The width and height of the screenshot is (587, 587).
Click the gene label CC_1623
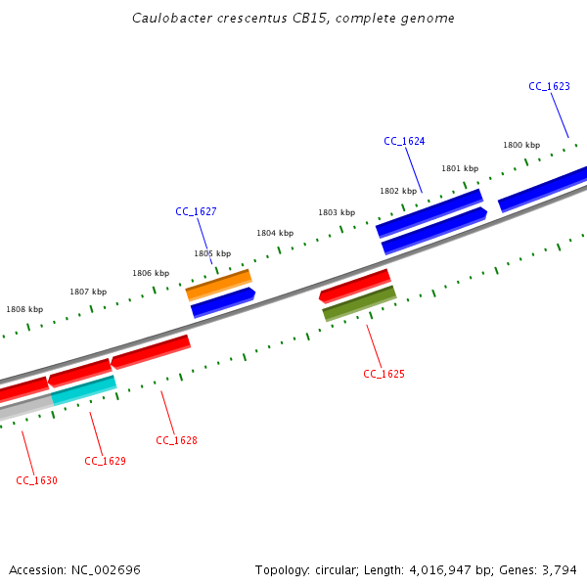549,86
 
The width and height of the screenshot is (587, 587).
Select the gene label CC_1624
404,141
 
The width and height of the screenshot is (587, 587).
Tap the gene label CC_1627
196,211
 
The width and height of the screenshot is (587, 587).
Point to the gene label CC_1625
384,374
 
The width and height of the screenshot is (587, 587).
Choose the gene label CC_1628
176,440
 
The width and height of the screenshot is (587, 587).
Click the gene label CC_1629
105,461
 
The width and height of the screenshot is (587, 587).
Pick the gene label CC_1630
36,480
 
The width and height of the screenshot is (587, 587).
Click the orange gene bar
218,285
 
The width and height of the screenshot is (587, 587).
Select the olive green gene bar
359,303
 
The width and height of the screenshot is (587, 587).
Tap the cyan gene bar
84,389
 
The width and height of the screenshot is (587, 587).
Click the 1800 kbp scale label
521,145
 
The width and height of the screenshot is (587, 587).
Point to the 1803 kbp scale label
337,212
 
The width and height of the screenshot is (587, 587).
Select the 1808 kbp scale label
24,309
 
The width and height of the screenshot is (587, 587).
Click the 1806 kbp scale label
151,273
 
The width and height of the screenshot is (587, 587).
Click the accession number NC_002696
106,569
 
